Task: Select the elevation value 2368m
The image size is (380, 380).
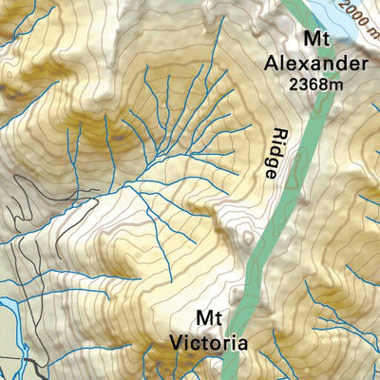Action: (x=315, y=85)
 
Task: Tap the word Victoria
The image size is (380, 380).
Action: (x=208, y=341)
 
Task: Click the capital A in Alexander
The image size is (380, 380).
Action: (x=276, y=64)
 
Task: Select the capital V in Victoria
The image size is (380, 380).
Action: (x=177, y=341)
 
